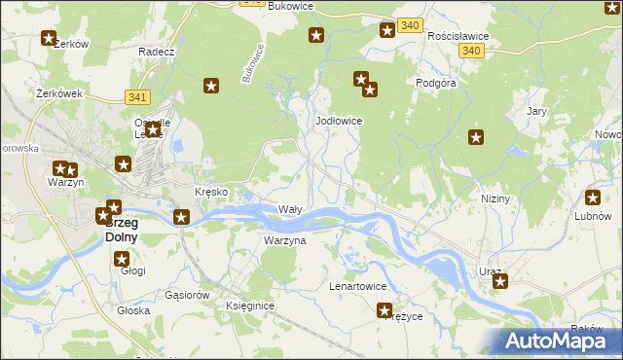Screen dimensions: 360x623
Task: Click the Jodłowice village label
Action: point(339,121)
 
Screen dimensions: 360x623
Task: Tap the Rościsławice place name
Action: point(458,35)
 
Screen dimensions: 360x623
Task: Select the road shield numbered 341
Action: point(137,97)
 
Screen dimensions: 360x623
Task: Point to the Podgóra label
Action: point(437,84)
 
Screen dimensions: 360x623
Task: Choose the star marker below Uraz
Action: point(500,282)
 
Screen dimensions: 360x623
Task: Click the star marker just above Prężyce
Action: point(385,310)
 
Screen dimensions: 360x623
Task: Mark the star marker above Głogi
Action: point(122,259)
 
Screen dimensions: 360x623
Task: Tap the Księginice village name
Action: point(250,306)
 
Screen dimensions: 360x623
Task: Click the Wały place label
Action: point(290,209)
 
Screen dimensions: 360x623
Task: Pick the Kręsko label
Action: point(211,192)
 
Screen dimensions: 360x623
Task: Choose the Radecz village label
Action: point(156,52)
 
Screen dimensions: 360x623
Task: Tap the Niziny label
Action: point(495,198)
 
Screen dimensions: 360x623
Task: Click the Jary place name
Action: point(536,111)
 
